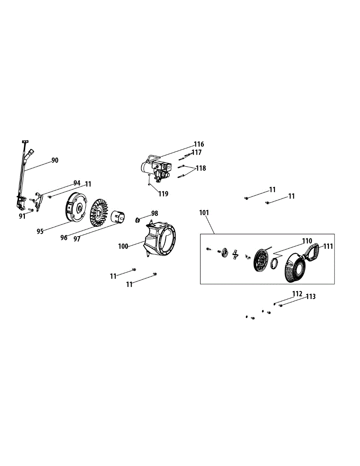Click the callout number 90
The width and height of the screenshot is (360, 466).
tap(55, 160)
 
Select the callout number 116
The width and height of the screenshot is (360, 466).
tap(199, 144)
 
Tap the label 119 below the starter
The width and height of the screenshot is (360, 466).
tap(163, 193)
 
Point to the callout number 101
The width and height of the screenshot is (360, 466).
tap(204, 212)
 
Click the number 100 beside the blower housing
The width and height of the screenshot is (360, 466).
tap(123, 246)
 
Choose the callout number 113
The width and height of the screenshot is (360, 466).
tap(311, 297)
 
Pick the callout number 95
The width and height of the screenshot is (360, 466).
tap(40, 231)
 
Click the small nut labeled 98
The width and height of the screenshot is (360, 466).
tap(137, 220)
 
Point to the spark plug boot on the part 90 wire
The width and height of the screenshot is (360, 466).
tap(30, 153)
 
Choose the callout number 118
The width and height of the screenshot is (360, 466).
tap(201, 169)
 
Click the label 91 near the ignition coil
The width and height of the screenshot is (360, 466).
tap(22, 216)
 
